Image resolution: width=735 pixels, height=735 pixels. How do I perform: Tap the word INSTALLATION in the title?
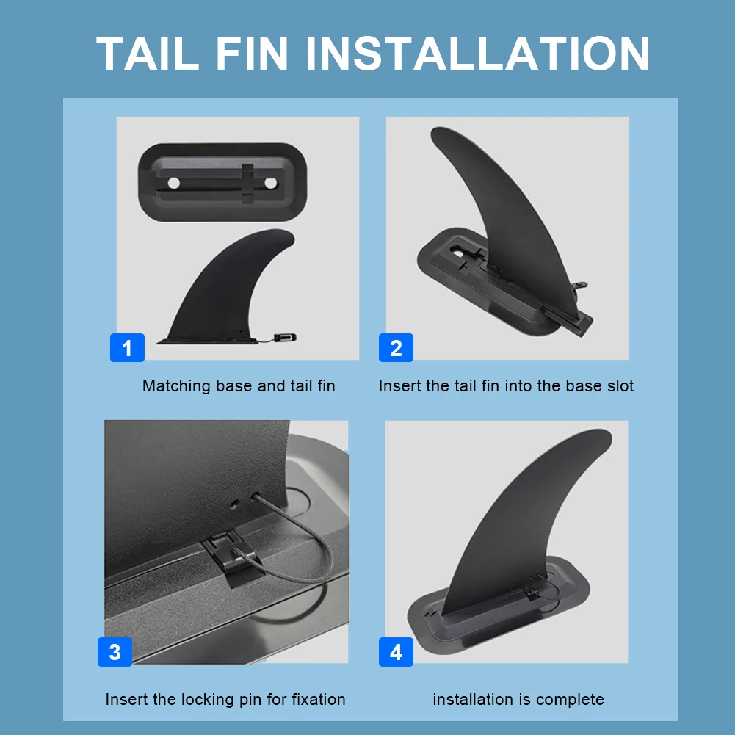pos(477,53)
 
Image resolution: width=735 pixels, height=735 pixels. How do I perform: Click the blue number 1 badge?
pos(127,347)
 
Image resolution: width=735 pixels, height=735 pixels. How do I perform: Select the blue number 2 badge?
pos(396,347)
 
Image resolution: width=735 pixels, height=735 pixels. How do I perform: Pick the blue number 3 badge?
pos(115,651)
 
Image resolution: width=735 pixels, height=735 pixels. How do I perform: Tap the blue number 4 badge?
pos(396,651)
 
